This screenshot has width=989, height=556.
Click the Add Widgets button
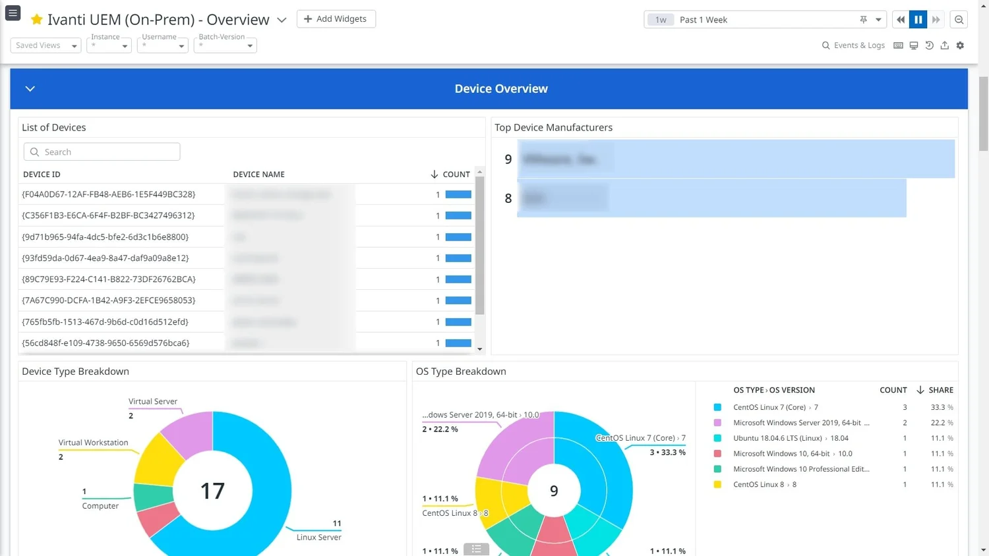coord(336,19)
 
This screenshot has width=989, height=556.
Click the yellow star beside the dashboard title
coord(37,20)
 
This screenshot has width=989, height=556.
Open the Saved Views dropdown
coord(45,45)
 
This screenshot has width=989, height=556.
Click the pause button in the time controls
coord(918,20)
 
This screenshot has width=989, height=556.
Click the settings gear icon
coord(960,45)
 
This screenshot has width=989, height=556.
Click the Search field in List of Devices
coord(102,152)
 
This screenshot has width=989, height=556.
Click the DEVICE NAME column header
coord(258,175)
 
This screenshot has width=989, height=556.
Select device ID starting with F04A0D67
coord(109,194)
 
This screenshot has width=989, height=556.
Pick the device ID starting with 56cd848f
coord(105,343)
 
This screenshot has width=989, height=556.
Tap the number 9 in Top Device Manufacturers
coord(508,159)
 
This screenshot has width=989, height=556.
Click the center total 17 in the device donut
coord(212,491)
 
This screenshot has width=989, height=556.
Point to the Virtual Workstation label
coord(93,443)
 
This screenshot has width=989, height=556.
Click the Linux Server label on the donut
coord(318,538)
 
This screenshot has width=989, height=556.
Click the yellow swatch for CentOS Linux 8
coord(717,485)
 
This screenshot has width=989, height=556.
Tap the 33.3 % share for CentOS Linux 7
coord(941,408)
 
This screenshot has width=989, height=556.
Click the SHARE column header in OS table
coord(940,390)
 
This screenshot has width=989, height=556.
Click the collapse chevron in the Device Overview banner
coord(30,89)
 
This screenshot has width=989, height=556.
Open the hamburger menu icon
coord(13,13)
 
